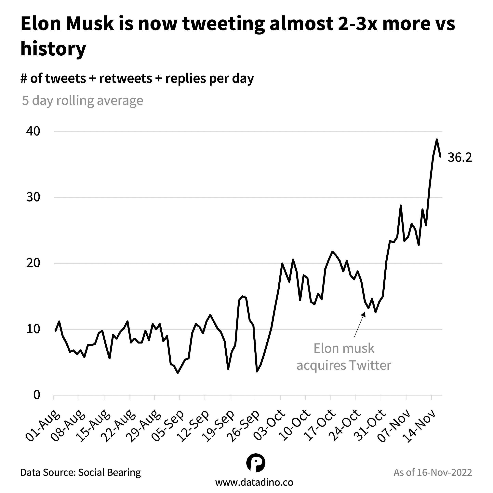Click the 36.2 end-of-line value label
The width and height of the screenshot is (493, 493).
point(460,158)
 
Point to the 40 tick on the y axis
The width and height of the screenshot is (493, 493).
point(33,131)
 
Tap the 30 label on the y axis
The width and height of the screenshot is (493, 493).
point(33,197)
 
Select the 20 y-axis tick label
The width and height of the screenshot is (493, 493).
point(33,263)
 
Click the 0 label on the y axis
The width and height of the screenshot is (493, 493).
point(37,395)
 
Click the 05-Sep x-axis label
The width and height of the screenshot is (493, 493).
point(168,426)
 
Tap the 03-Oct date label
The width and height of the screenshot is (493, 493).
point(269,426)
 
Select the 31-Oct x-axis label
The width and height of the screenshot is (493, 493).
point(370,426)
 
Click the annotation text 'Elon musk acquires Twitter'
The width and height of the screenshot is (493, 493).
point(343,357)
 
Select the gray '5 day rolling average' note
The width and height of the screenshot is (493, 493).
point(82,100)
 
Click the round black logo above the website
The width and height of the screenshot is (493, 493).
point(256,463)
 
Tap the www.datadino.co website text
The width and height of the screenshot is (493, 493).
point(254,482)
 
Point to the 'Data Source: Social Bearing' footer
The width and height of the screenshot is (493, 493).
point(80,472)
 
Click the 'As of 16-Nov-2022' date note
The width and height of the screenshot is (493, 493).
point(433,472)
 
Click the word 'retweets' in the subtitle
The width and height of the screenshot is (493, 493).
point(126,78)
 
